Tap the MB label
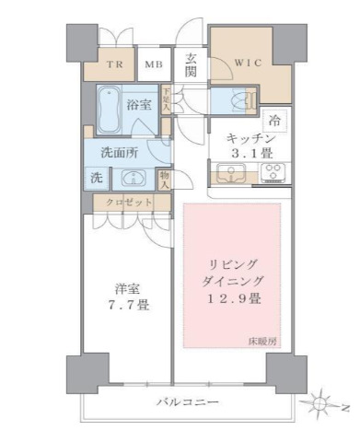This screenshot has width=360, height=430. coord(154,64)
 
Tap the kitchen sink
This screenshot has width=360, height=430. coord(227,171)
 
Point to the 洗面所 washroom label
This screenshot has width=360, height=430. coord(120,153)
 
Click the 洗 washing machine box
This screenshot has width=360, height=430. coord(97,178)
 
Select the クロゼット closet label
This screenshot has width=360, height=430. coord(122,202)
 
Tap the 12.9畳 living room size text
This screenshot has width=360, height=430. coord(232,298)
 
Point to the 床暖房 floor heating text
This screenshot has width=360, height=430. coord(261,343)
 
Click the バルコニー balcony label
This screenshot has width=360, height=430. coord(186,402)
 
